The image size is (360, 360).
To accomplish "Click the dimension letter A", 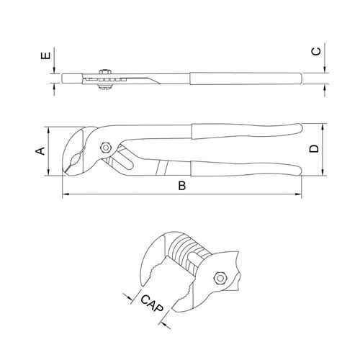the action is pyautogui.click(x=40, y=150).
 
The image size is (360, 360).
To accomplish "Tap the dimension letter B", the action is pyautogui.click(x=182, y=186).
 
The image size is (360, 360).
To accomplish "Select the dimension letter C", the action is pyautogui.click(x=316, y=51).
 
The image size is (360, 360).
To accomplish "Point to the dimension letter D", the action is pyautogui.click(x=314, y=149).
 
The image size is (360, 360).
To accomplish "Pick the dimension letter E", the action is pyautogui.click(x=46, y=55).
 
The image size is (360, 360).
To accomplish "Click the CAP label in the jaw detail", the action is pyautogui.click(x=152, y=303).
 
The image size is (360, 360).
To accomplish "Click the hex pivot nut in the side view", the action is pyautogui.click(x=105, y=148).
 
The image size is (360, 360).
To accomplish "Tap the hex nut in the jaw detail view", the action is pyautogui.click(x=220, y=278).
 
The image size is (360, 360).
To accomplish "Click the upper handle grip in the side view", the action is pyautogui.click(x=246, y=131).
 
